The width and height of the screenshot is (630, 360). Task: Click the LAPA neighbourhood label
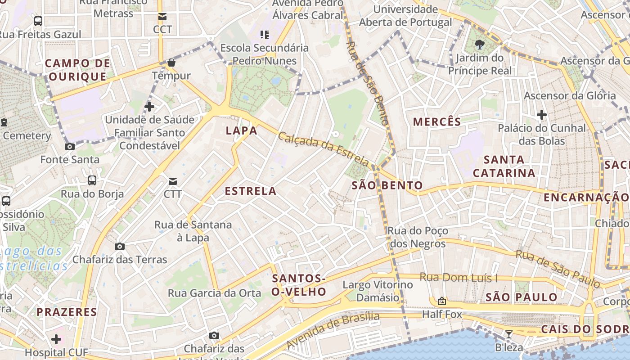[x=242, y=131]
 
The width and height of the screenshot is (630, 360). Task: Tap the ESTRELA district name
[x=251, y=191]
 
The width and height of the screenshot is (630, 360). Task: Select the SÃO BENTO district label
[x=387, y=185]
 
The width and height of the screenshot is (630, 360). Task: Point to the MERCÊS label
[x=437, y=122]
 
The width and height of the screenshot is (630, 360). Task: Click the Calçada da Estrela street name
[x=324, y=149]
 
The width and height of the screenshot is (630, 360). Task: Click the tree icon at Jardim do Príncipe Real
[x=480, y=45]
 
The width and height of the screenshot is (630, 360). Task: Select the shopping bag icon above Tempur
[x=171, y=63]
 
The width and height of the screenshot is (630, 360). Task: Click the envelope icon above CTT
[x=173, y=181]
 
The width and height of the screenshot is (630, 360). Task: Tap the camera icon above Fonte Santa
[x=70, y=146]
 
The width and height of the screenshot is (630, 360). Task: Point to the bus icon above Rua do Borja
[x=92, y=180]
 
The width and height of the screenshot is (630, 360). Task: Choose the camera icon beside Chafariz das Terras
[x=120, y=246]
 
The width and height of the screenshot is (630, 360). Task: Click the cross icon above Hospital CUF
[x=56, y=339]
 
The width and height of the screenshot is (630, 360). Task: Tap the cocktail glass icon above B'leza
[x=509, y=334]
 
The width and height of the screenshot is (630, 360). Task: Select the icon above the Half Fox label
[x=442, y=301]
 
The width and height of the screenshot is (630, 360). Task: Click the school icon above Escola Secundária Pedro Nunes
[x=265, y=34]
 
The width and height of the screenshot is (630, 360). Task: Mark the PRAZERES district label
[x=67, y=312]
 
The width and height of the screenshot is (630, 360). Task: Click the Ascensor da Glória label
[x=570, y=95]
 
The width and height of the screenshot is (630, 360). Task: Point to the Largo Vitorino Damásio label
[x=378, y=291]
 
